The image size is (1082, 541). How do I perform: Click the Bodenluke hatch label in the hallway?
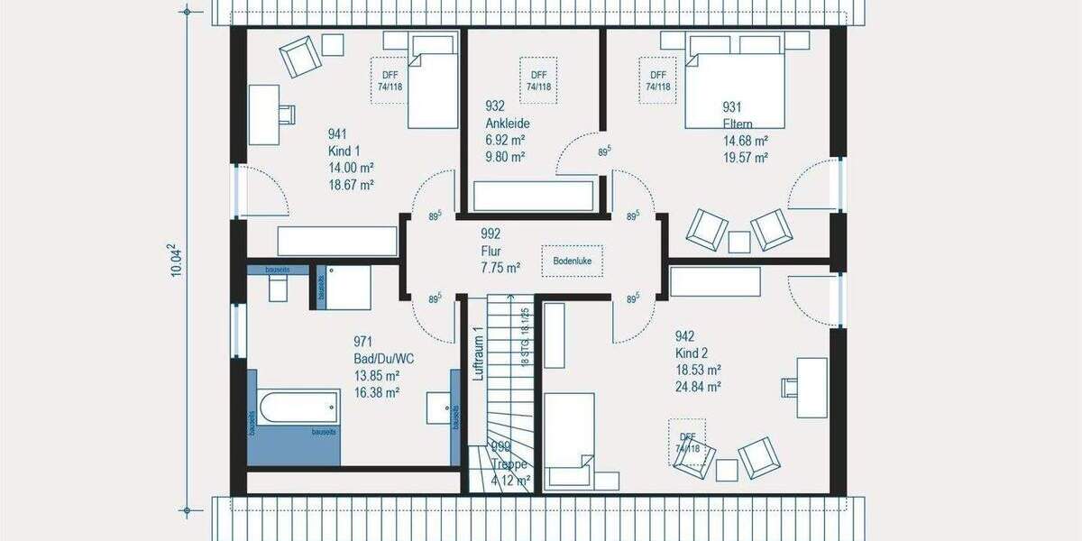point(573,261)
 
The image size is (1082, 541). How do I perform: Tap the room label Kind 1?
point(344,151)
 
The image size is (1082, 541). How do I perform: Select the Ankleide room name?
point(507,124)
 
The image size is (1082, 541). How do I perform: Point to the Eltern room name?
point(738,124)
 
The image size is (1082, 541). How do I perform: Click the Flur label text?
point(491,252)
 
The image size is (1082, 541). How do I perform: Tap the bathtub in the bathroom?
point(297,409)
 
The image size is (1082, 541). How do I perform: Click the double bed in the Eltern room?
point(735,86)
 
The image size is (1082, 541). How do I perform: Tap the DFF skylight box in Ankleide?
point(538,80)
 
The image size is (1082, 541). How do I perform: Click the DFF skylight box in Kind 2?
point(687,443)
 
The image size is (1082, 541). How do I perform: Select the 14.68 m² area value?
point(745,141)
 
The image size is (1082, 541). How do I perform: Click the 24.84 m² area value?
point(697,387)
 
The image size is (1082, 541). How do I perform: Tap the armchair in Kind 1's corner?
point(298,57)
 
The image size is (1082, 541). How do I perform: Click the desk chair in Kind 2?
point(788,386)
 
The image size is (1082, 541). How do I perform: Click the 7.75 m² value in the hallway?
point(500,268)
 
